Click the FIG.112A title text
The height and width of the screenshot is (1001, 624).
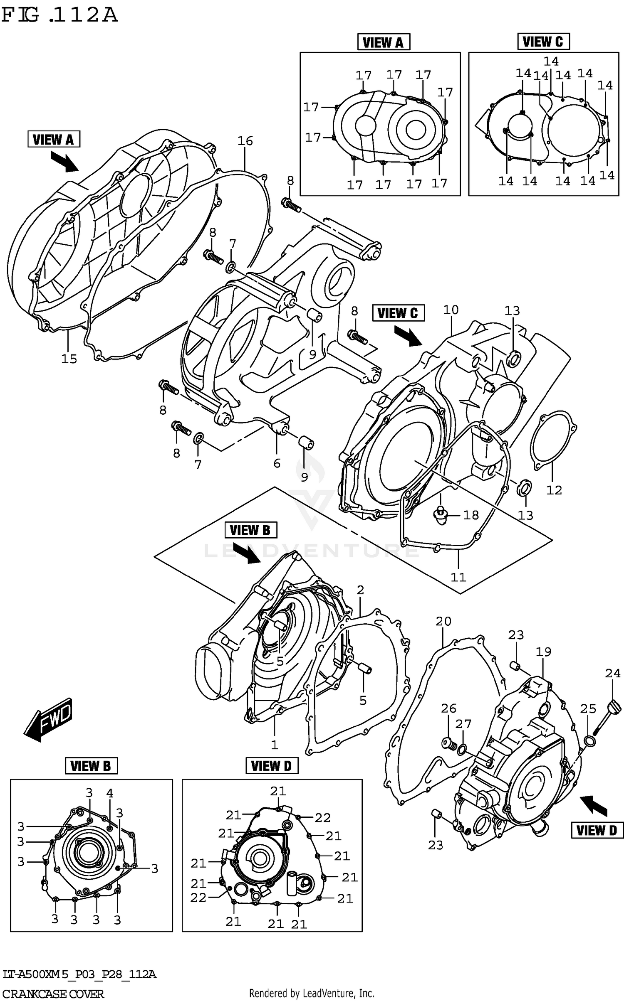59,15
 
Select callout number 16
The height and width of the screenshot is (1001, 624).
245,141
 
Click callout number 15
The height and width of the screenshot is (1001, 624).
69,359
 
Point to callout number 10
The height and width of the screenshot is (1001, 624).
451,310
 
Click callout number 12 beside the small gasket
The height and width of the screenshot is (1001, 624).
554,490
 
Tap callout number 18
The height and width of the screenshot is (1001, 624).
471,515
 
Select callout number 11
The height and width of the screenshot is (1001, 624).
458,577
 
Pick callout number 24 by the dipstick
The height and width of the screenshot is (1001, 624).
612,673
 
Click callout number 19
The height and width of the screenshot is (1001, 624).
543,652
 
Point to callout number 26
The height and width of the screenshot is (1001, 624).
448,708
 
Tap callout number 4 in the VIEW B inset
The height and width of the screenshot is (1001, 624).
109,793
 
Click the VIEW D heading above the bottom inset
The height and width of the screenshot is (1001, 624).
272,765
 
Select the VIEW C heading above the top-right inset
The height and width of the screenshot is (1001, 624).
543,42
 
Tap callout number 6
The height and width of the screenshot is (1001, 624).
277,463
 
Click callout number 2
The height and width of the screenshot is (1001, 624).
360,590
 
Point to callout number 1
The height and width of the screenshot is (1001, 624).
275,745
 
